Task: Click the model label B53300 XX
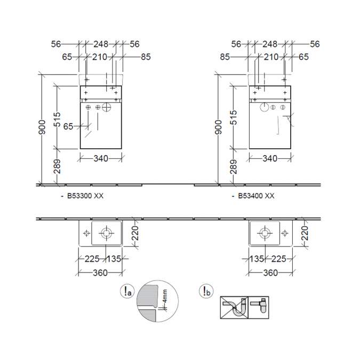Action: tap(85, 196)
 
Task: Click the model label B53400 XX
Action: tap(256, 196)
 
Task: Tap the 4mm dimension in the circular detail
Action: tap(164, 296)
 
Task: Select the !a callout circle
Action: tap(127, 291)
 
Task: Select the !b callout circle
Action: tap(206, 291)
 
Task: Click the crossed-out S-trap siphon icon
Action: tap(234, 307)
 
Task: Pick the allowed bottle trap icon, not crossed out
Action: tap(259, 307)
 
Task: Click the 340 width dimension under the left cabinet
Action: tap(101, 158)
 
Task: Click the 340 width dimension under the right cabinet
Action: tap(270, 158)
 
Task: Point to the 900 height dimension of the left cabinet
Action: tap(42, 127)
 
